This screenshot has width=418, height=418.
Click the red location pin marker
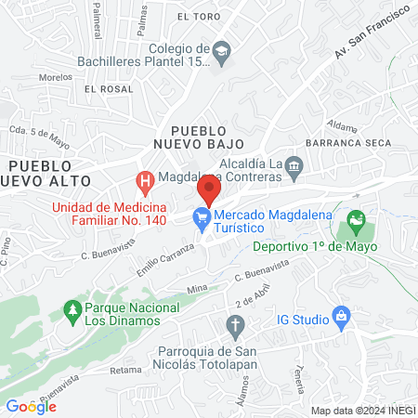coord(209,192)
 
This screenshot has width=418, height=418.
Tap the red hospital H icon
coord(144,179)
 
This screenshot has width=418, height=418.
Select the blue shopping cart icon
coord(200,219)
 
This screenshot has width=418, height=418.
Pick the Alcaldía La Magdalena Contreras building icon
coord(294,166)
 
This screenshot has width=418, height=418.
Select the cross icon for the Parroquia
coord(234,327)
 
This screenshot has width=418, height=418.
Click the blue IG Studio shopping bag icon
coord(341,317)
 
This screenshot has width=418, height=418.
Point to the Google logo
coord(31,406)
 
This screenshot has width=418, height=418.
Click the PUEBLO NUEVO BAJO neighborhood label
coord(200,137)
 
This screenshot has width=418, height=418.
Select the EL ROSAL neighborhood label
coord(102,89)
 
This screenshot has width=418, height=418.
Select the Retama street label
coord(124,370)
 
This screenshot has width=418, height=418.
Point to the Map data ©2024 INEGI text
coord(362,410)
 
